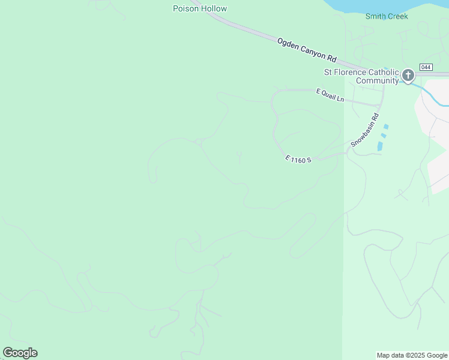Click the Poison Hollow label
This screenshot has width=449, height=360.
coord(200,8)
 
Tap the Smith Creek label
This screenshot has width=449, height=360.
coord(387,16)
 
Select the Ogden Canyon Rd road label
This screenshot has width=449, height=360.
coord(306,49)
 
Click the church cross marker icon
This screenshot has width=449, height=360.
coord(408,76)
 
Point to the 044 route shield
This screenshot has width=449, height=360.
coord(426,67)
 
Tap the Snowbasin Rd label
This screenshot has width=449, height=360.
coord(365,130)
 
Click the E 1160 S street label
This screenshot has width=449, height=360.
coord(298,160)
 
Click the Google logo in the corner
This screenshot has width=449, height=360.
coord(20,353)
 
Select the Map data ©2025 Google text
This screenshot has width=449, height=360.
coord(412,355)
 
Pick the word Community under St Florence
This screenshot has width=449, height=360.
coord(377,80)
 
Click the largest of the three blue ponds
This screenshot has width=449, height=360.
coord(380,146)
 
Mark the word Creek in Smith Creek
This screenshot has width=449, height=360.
coord(397,16)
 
